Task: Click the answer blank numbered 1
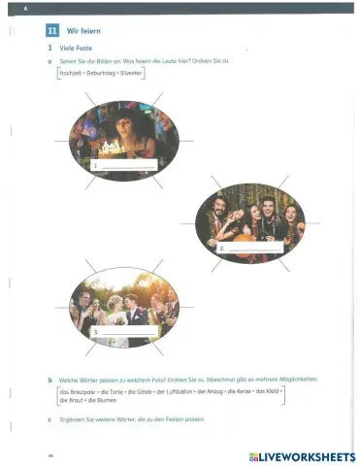pos(126,166)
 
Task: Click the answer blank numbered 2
pos(254,249)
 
